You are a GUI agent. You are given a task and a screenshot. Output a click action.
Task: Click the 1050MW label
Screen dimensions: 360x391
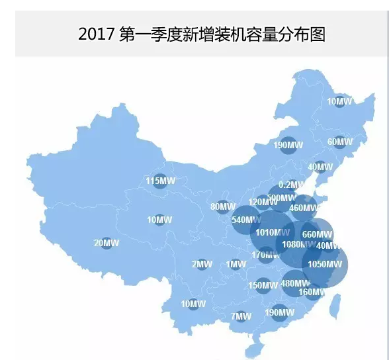(x=324, y=265)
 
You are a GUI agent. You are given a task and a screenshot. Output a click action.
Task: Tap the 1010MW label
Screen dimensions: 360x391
(x=272, y=232)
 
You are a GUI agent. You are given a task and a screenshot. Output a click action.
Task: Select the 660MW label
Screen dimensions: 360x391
(x=317, y=234)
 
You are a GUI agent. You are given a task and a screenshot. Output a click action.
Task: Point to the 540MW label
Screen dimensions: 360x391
(x=247, y=220)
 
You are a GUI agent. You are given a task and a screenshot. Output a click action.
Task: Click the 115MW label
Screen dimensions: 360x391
(x=160, y=181)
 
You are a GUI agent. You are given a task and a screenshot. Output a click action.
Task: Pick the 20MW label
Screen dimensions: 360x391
(x=107, y=243)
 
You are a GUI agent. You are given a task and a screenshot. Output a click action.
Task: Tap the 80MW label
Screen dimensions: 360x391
(x=223, y=206)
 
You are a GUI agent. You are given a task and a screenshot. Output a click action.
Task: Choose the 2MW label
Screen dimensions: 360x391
(x=202, y=264)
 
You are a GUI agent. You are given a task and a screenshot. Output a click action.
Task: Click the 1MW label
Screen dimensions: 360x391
(x=236, y=264)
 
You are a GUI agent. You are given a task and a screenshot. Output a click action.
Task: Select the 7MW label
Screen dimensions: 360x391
(x=241, y=316)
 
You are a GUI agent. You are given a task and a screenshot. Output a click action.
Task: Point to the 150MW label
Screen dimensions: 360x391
(x=263, y=286)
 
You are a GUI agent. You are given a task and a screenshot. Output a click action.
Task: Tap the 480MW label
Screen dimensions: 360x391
(x=295, y=283)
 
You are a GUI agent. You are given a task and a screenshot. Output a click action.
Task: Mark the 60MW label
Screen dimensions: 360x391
(x=340, y=142)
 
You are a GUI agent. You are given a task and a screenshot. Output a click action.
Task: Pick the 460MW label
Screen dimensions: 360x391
(x=304, y=208)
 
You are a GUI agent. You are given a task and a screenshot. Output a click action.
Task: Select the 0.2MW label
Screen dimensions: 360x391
(x=292, y=185)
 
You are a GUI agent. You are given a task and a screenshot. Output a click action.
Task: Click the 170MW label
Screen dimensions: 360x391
(x=265, y=255)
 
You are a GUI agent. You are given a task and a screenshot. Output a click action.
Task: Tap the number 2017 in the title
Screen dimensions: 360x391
(x=97, y=34)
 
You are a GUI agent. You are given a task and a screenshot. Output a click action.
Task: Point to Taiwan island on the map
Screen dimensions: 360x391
(x=335, y=304)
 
